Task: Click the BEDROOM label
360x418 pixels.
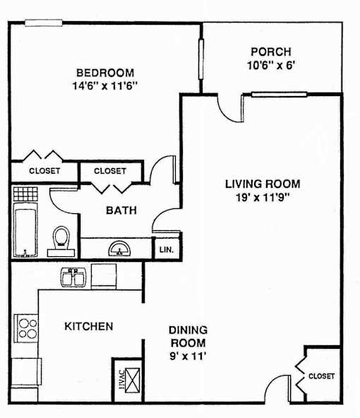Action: [x=105, y=73]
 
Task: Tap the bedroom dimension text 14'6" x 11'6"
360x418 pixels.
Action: [x=105, y=86]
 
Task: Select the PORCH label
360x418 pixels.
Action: [x=271, y=52]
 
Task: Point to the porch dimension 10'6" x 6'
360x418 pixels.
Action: [x=271, y=65]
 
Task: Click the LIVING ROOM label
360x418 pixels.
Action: [x=263, y=184]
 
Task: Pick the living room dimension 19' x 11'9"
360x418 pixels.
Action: [x=263, y=198]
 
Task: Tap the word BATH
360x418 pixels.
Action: [x=121, y=210]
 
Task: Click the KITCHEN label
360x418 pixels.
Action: [x=89, y=326]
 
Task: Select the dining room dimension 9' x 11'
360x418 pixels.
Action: [x=188, y=356]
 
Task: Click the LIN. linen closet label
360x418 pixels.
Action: [x=167, y=250]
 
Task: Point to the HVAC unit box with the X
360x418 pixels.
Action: [x=133, y=380]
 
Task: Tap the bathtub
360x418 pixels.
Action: [x=25, y=229]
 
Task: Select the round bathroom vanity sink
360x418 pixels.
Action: [x=119, y=249]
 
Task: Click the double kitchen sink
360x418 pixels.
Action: [x=73, y=277]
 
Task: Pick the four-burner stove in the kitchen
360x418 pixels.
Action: [x=26, y=328]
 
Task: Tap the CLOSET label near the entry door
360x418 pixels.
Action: [x=321, y=376]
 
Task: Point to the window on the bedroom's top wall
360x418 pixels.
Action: [x=44, y=23]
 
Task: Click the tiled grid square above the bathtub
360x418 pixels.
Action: [x=25, y=193]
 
